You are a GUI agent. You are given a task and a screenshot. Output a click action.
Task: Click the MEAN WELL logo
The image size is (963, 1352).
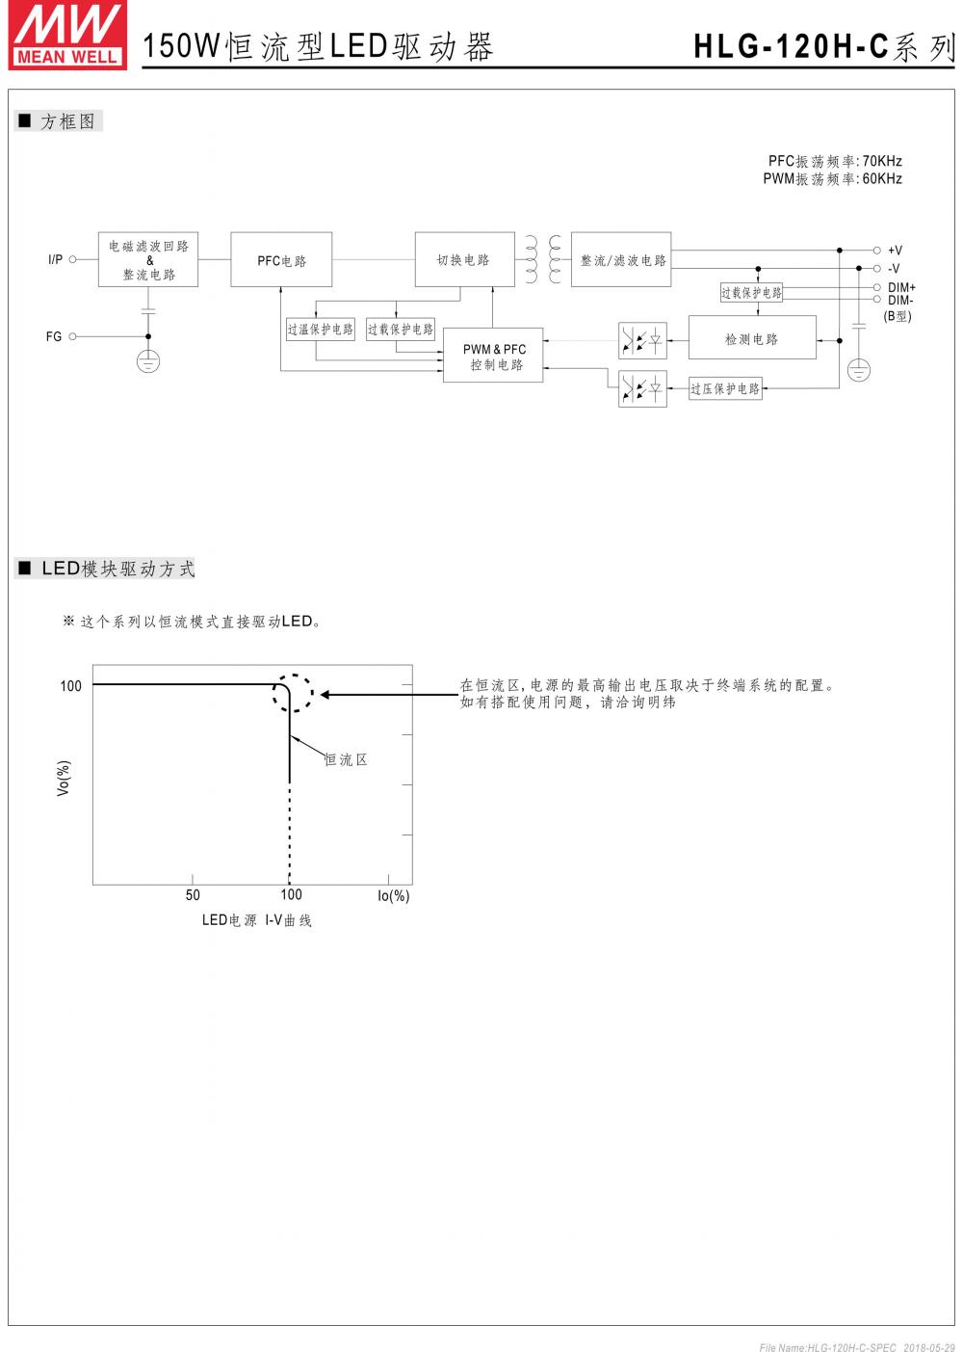coord(67,36)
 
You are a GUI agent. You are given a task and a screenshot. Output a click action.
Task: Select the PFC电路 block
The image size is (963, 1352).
coord(281,260)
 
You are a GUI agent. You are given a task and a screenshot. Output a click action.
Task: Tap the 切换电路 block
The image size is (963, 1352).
coord(464,260)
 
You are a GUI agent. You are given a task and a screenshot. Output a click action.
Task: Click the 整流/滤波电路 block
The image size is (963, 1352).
coord(621,260)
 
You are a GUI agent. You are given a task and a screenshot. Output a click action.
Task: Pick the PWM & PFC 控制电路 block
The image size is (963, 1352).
coord(493,356)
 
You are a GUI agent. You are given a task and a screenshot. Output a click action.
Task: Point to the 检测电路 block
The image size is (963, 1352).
coord(751,339)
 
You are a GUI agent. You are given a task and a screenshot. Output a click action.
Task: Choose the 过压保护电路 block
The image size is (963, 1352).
coord(725,389)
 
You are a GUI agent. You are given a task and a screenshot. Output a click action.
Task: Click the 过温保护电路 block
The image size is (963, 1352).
coord(320,330)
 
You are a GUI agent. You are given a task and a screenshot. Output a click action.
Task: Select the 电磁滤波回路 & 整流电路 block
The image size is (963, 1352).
coord(148,260)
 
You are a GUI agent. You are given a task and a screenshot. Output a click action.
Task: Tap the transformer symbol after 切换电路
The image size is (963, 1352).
coord(543,260)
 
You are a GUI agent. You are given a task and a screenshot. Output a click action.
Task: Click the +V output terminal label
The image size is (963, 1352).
coord(895,251)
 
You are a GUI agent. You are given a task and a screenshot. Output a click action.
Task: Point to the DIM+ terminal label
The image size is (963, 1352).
coord(901,287)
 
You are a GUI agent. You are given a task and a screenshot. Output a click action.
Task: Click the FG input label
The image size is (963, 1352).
coord(54,337)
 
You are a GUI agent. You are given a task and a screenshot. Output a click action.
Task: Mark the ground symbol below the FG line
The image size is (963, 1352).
coord(147,362)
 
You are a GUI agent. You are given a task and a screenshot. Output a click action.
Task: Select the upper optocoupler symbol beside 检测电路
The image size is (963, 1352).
coord(642,339)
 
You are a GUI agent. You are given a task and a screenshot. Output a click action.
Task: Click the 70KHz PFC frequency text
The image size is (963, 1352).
coord(881,161)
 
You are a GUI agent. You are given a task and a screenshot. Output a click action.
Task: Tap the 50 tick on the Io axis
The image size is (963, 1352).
coord(193,895)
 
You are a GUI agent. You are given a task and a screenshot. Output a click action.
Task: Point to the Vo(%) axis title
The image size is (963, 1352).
coord(64,779)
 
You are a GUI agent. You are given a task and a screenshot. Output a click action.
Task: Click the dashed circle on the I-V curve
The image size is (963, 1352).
coord(291,693)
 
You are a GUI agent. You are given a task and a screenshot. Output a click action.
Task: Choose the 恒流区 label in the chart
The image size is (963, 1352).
coord(346,760)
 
